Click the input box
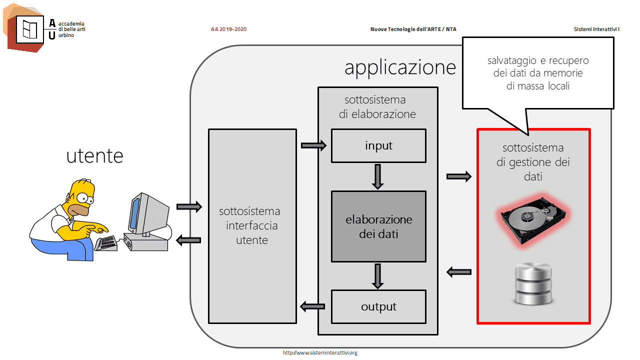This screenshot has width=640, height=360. pyautogui.click(x=378, y=145)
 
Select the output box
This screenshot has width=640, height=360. pyautogui.click(x=378, y=306)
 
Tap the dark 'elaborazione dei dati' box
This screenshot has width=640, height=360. pyautogui.click(x=378, y=226)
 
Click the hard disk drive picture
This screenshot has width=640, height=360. pyautogui.click(x=533, y=220)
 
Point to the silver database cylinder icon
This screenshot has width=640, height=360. pyautogui.click(x=533, y=283)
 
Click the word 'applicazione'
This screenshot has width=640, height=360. pyautogui.click(x=400, y=68)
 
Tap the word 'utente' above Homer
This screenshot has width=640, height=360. pyautogui.click(x=94, y=156)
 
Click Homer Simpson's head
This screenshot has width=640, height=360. pyautogui.click(x=80, y=197)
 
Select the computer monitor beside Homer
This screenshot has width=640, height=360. pyautogui.click(x=148, y=214)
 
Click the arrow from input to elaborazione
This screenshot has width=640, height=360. pyautogui.click(x=377, y=176)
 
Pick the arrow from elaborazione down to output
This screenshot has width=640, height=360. pyautogui.click(x=377, y=276)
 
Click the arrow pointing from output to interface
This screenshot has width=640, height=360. pyautogui.click(x=312, y=307)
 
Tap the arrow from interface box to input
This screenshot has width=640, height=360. pyautogui.click(x=313, y=145)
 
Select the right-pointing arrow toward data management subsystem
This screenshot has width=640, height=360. pyautogui.click(x=459, y=176)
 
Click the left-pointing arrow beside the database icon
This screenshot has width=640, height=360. pyautogui.click(x=459, y=272)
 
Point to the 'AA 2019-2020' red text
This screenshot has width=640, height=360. pyautogui.click(x=228, y=29)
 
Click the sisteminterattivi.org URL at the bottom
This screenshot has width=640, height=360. pyautogui.click(x=320, y=353)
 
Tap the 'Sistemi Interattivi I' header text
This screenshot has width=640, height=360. pyautogui.click(x=596, y=29)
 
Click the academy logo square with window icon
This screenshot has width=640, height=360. pyautogui.click(x=30, y=29)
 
